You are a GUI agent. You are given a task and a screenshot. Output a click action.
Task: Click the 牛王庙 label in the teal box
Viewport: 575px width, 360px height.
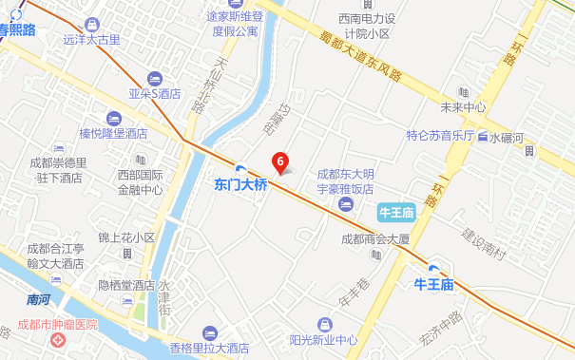(394, 211)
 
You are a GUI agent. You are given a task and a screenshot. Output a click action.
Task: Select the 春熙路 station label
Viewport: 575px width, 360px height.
(17, 30)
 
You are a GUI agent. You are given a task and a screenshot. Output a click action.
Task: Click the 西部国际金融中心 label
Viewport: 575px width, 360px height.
(140, 181)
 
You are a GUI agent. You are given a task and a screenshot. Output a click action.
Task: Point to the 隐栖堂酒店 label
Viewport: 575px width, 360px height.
(125, 285)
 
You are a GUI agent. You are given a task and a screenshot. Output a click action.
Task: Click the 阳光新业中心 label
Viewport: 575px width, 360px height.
(323, 339)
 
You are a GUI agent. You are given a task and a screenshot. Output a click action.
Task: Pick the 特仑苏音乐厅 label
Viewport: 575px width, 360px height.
(440, 135)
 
